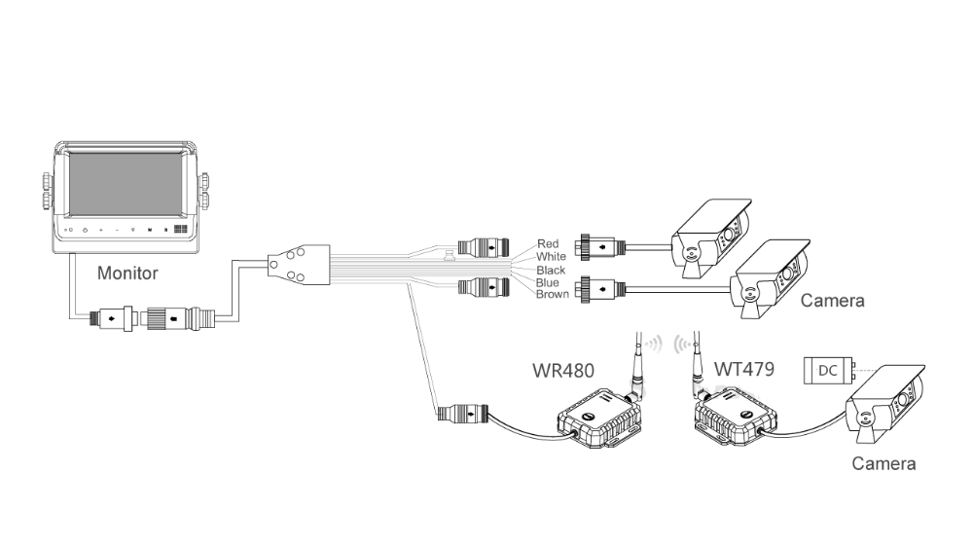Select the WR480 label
tap(561, 371)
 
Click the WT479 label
tap(743, 371)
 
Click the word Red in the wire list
tap(549, 244)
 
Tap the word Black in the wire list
tap(552, 270)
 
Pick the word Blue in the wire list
tap(549, 282)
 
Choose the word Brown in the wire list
tap(553, 294)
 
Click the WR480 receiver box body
tap(597, 421)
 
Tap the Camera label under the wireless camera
tap(883, 463)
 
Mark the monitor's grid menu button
tap(180, 231)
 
